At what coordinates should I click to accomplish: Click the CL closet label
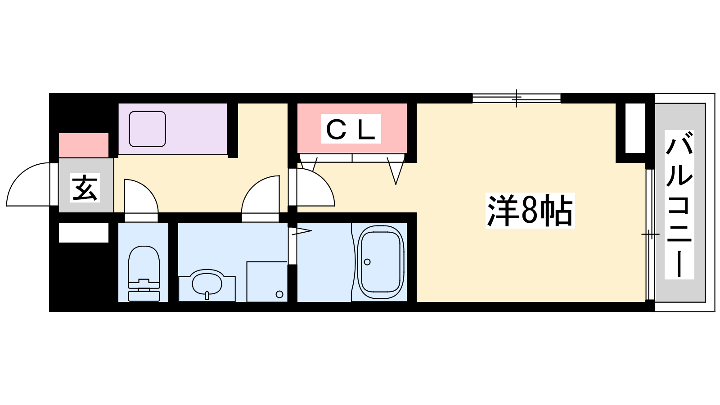click(x=351, y=129)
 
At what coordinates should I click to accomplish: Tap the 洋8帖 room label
click(x=530, y=211)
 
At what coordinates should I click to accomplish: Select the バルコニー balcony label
click(x=679, y=205)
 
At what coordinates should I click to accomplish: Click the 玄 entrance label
click(x=85, y=188)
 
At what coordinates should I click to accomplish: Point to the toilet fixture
click(x=144, y=274)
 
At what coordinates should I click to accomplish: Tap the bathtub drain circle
click(x=367, y=262)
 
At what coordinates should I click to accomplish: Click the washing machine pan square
click(x=267, y=282)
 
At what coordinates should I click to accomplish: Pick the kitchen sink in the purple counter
click(x=147, y=129)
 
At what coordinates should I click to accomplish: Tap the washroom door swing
click(x=261, y=198)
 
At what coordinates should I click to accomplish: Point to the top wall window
click(x=517, y=98)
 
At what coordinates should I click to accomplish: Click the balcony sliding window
click(x=650, y=234)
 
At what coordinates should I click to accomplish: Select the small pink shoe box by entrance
click(x=84, y=145)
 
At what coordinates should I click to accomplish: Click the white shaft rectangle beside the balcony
click(x=635, y=128)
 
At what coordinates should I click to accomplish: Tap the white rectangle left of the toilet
click(x=84, y=232)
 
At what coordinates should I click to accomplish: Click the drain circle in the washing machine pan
click(x=279, y=294)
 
